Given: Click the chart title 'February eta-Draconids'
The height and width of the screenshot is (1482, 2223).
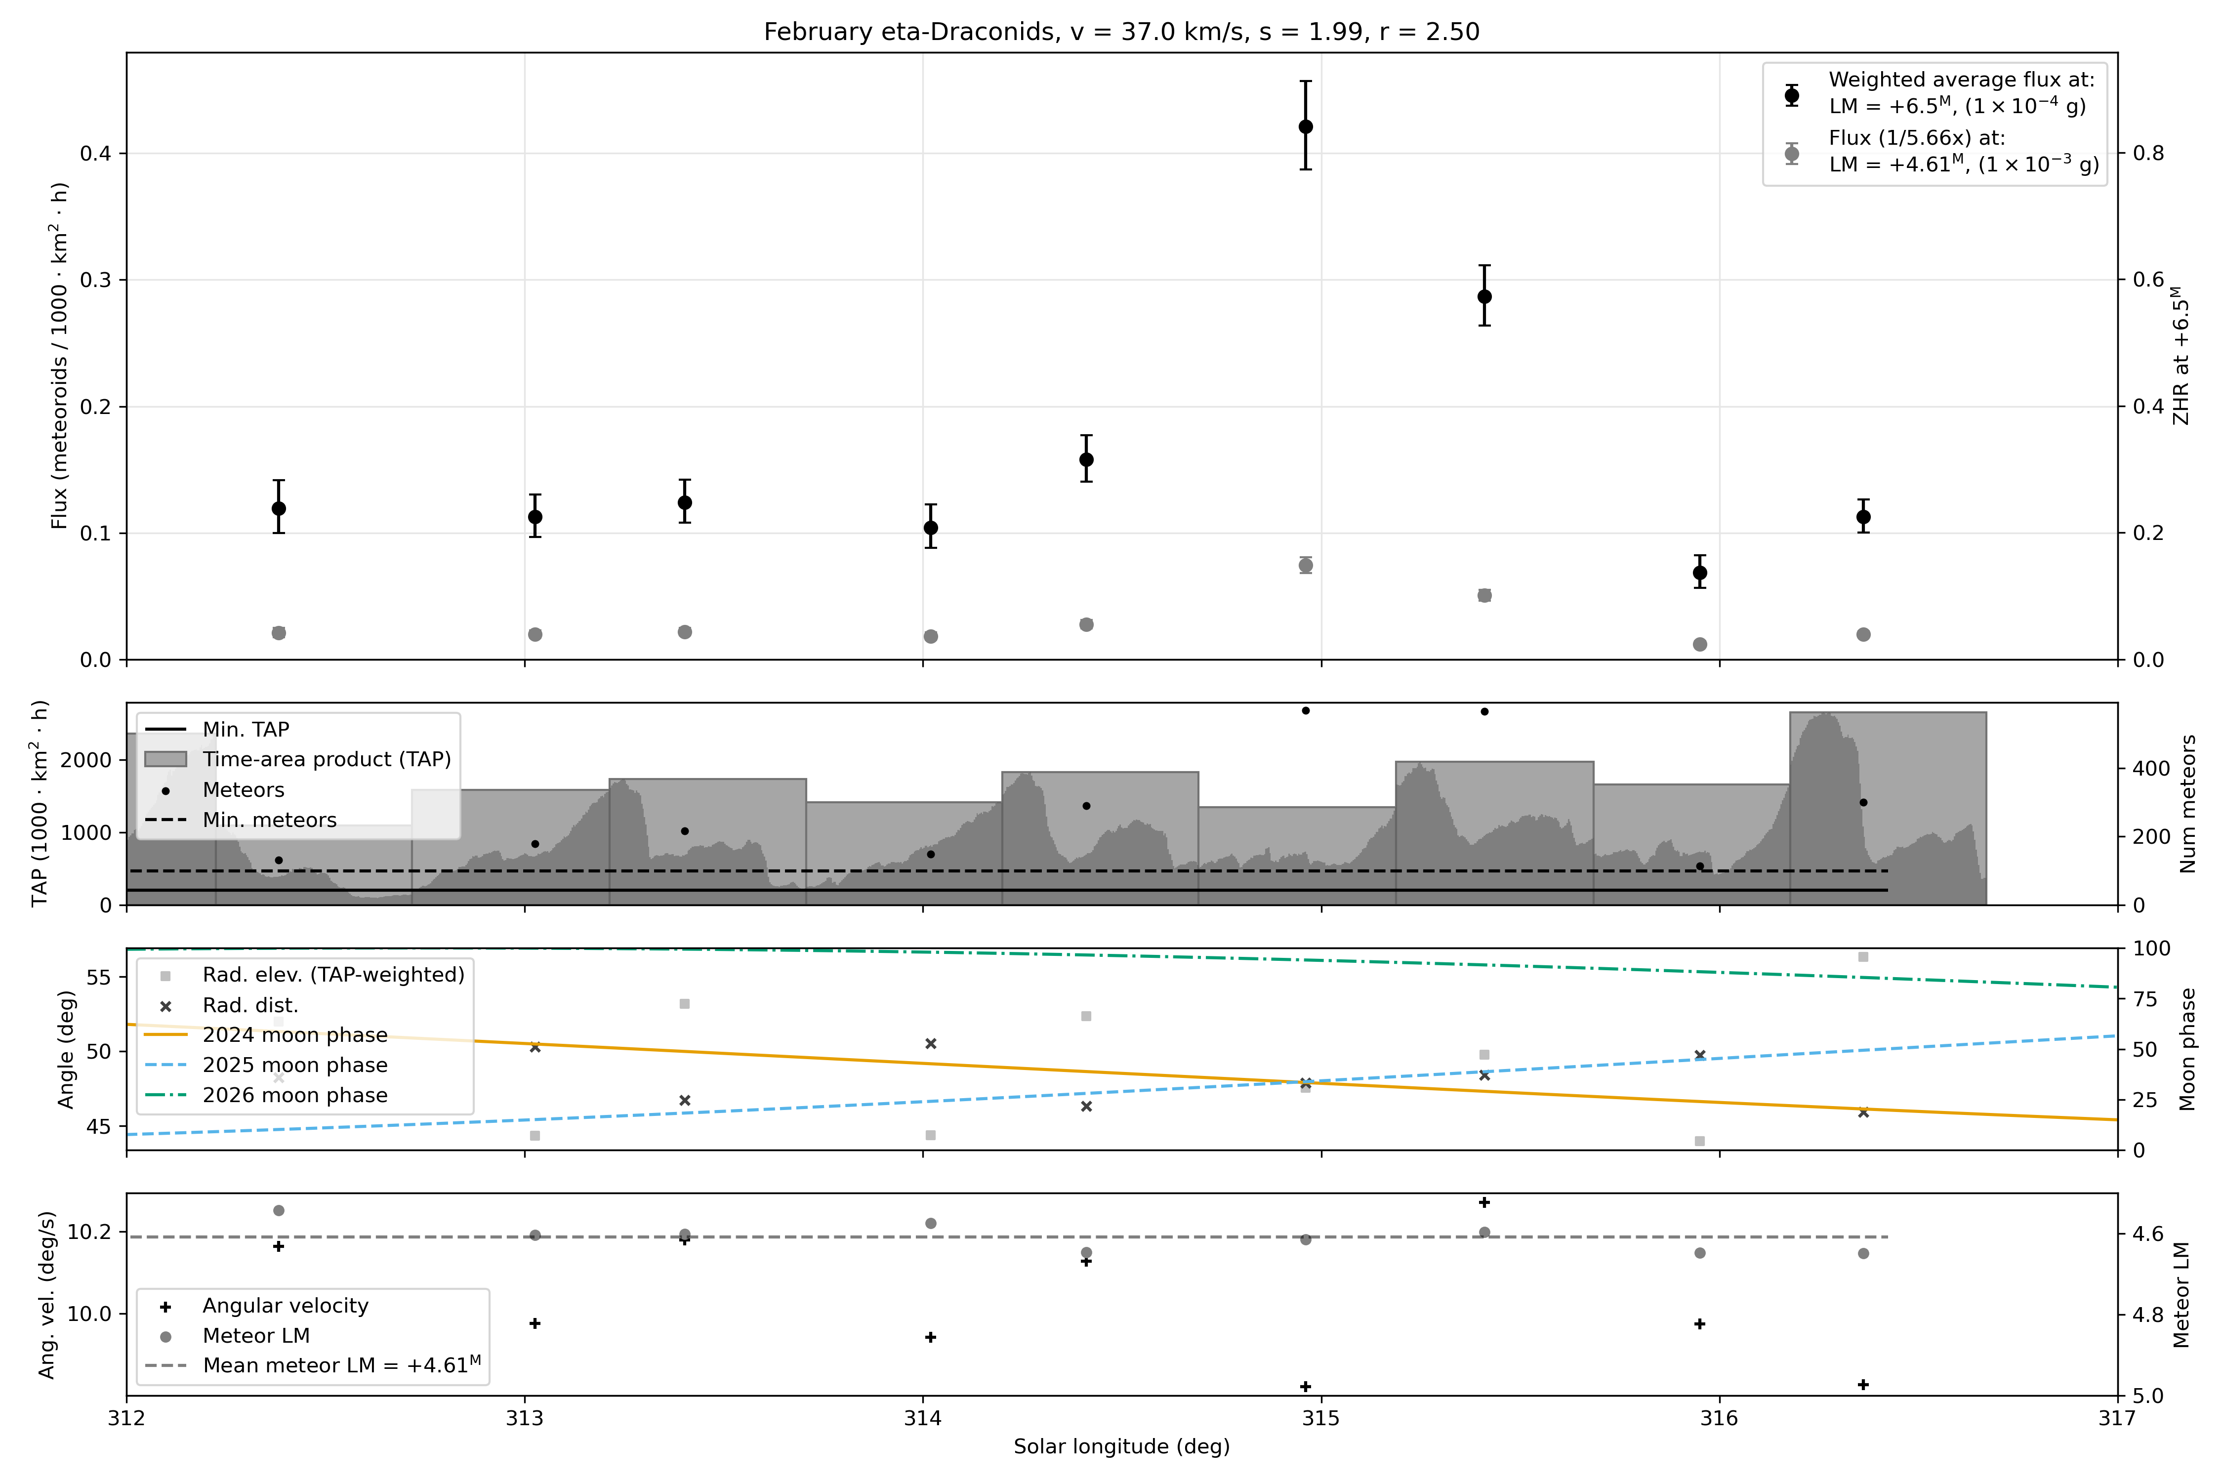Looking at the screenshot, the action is point(910,32).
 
